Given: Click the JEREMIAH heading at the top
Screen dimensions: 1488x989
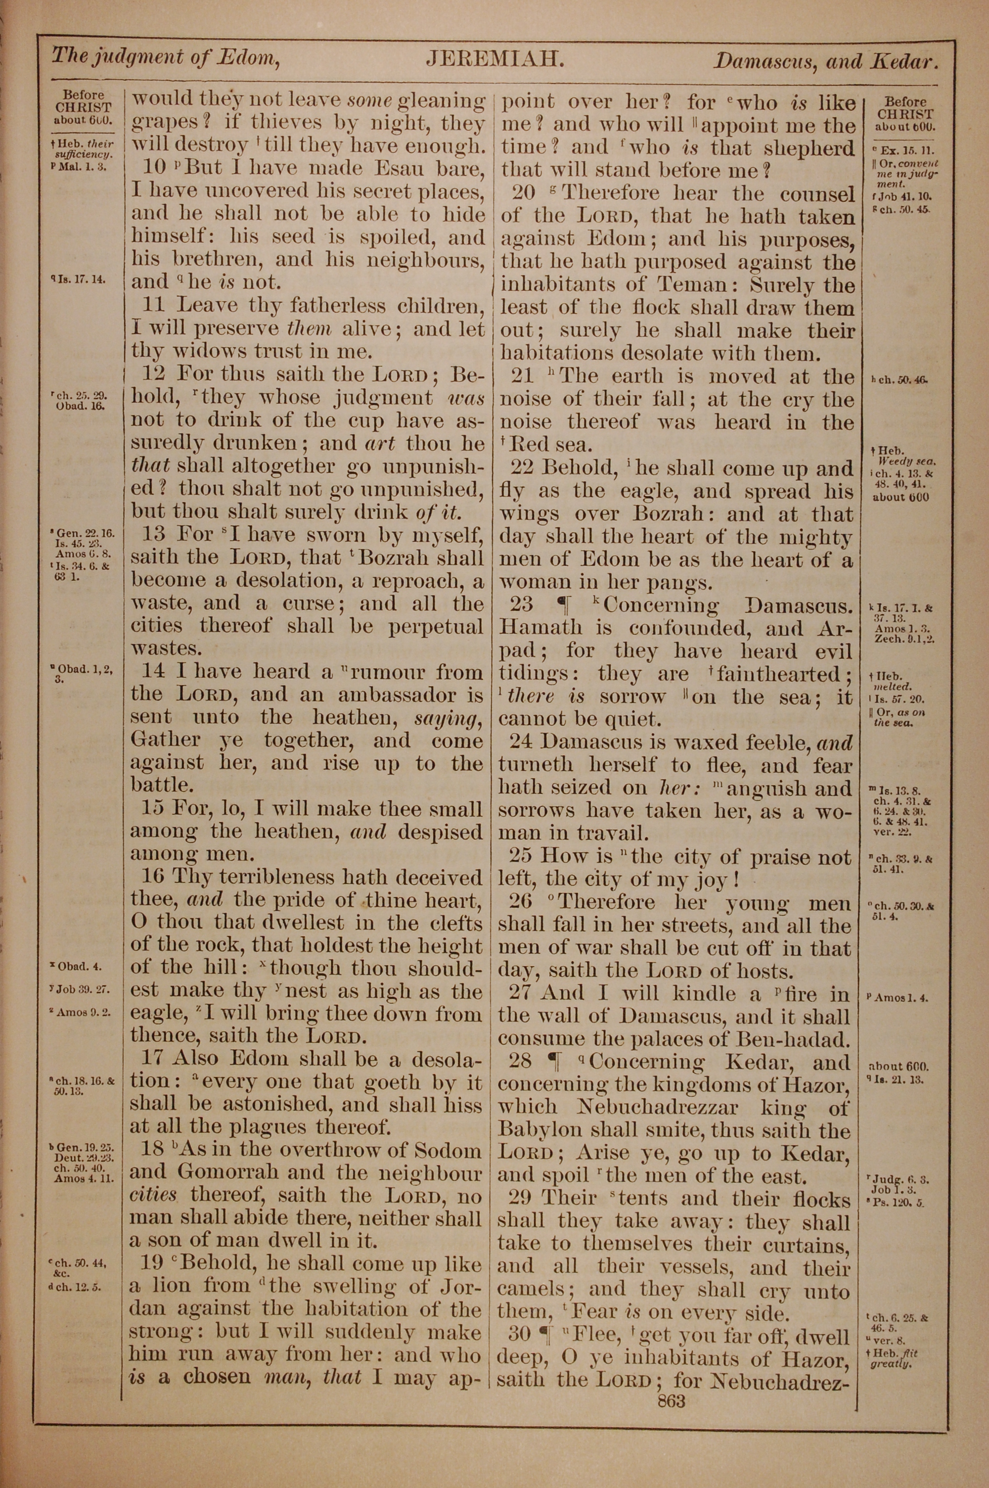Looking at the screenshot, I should [494, 59].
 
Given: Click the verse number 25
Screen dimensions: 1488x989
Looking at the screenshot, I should [522, 856].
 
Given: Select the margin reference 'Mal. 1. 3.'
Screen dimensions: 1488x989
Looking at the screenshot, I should [83, 167].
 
